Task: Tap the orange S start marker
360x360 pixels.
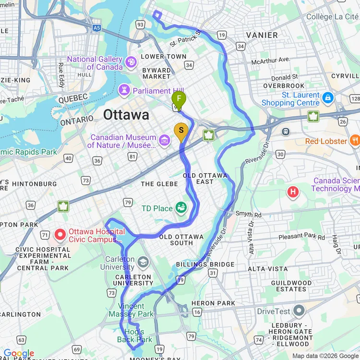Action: coord(181,131)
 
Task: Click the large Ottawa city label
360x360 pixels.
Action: coord(126,115)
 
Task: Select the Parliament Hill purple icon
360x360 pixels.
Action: coord(124,90)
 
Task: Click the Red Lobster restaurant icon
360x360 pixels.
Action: coord(355,141)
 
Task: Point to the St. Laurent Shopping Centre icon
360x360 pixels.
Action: coord(328,98)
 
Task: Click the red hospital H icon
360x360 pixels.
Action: coord(293,192)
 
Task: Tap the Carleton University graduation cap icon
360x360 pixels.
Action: coord(143,263)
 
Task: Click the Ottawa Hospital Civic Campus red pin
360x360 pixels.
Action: coord(60,235)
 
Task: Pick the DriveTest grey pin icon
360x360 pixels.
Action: coord(299,311)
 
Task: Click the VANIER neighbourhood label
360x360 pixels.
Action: coord(262,35)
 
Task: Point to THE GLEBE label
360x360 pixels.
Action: coord(154,184)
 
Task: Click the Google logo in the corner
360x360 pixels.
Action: coord(18,354)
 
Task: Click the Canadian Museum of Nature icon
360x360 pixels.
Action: coord(165,140)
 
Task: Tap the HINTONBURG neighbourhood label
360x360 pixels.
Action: coord(34,184)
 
